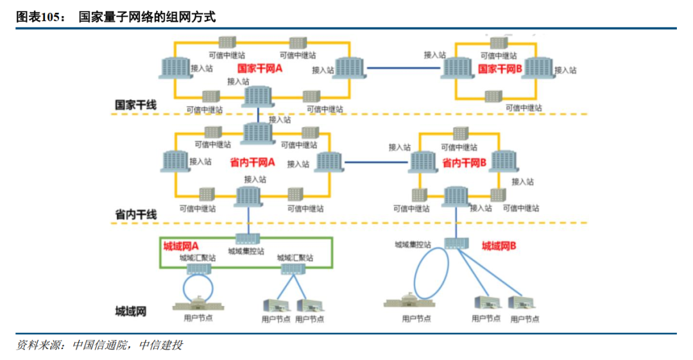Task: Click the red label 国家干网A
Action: (260, 68)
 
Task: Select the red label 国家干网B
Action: (500, 68)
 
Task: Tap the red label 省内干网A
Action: (252, 163)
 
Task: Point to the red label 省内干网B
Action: (464, 164)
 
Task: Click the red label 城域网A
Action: (181, 246)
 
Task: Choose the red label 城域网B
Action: (499, 246)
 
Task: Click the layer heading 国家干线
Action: (135, 105)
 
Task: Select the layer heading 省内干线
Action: (135, 214)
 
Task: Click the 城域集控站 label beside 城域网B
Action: (413, 244)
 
